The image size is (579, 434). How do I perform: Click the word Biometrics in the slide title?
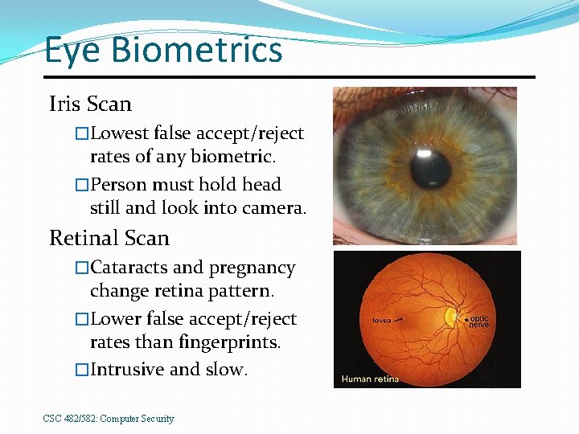(x=197, y=50)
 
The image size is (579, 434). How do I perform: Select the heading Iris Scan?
(x=90, y=104)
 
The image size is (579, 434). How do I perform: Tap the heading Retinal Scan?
(x=109, y=238)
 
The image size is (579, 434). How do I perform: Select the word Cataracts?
(x=129, y=268)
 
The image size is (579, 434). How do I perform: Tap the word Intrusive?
(x=127, y=370)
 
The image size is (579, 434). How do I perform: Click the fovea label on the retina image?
(x=381, y=320)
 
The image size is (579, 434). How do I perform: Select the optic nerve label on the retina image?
(x=478, y=321)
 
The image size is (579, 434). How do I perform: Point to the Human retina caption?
(x=370, y=379)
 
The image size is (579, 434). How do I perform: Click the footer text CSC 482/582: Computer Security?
(x=109, y=419)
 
